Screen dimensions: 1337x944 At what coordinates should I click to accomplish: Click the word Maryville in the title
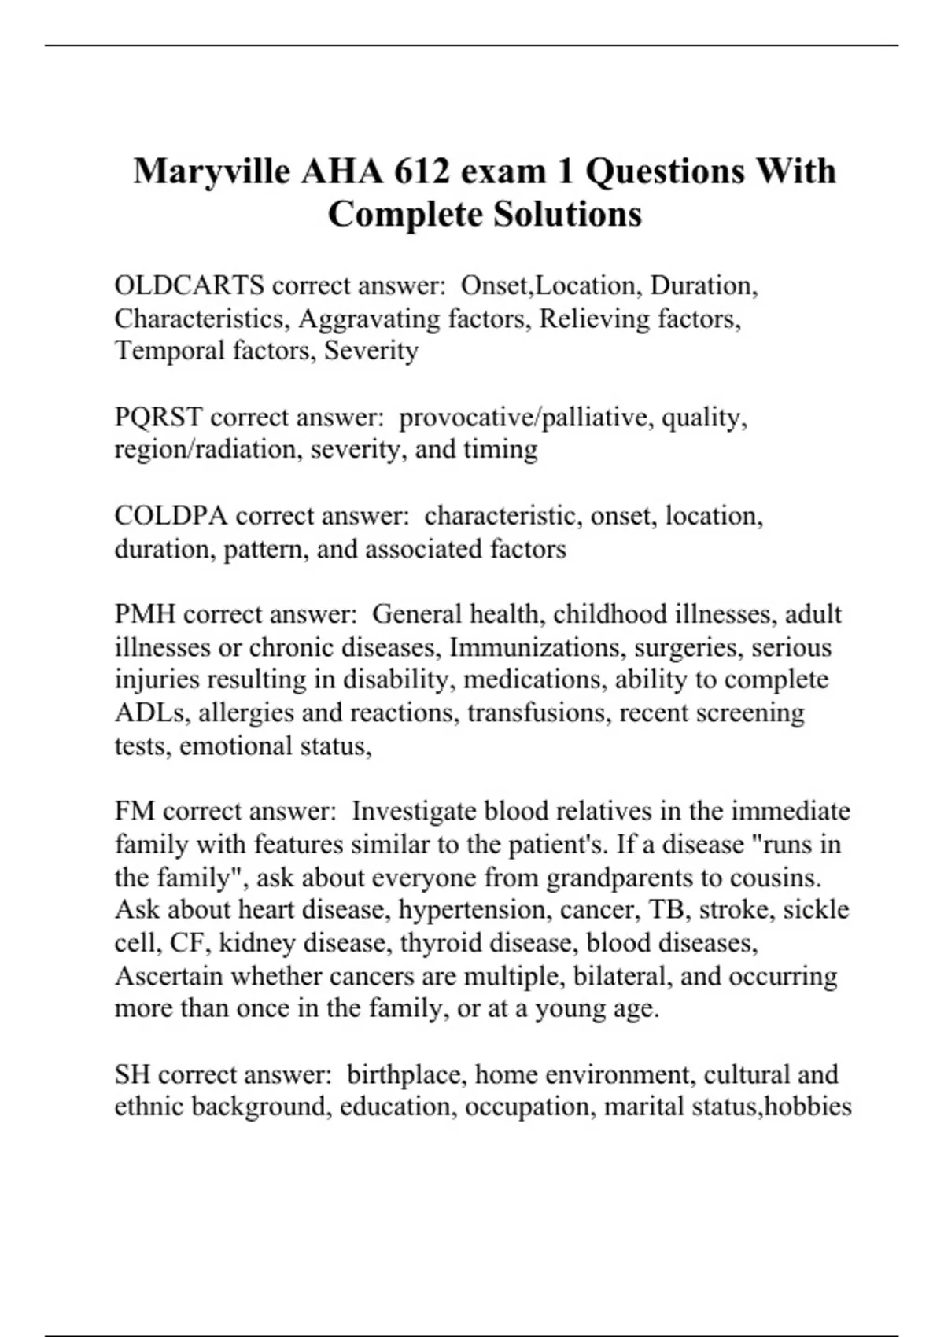(x=211, y=172)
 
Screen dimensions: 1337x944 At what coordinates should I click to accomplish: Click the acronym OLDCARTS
(x=189, y=285)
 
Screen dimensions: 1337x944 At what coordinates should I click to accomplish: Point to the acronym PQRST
(x=158, y=417)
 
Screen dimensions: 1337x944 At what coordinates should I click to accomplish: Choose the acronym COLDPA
(x=171, y=516)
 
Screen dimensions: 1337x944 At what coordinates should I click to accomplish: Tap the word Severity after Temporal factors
(x=371, y=351)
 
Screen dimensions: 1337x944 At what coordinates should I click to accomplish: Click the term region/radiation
(x=208, y=450)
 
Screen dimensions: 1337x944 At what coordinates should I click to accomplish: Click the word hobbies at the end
(x=808, y=1107)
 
